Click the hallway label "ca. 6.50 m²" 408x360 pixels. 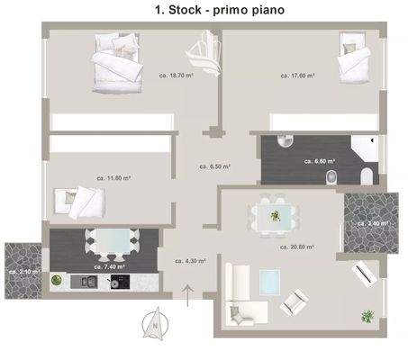pos(214,166)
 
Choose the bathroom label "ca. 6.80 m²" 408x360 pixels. pos(321,161)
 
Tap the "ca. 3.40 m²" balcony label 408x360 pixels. pos(372,222)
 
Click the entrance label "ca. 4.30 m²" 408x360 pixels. pos(189,261)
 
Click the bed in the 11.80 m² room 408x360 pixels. pos(82,202)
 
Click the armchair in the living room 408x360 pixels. pos(295,301)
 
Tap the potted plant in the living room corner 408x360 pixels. pos(367,316)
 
